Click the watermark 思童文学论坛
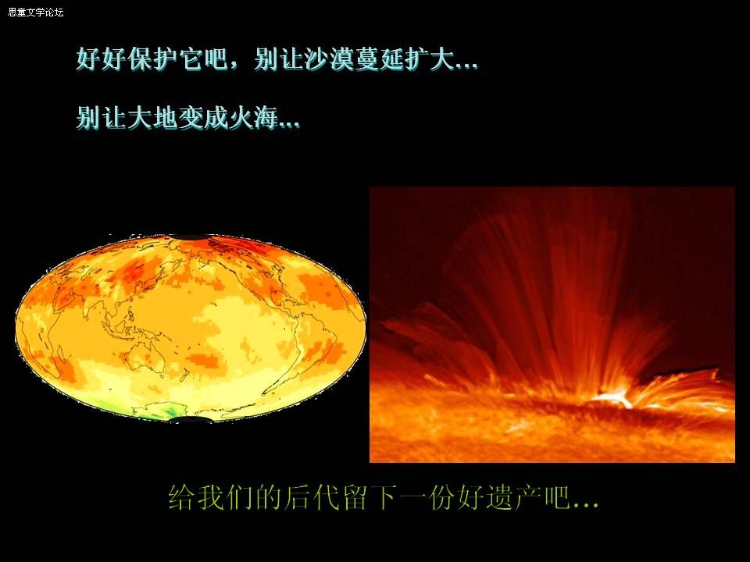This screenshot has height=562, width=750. click(x=35, y=12)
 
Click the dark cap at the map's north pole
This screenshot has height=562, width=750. click(x=191, y=237)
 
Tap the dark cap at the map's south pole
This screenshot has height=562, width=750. click(x=191, y=420)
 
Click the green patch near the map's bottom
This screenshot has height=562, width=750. click(x=170, y=412)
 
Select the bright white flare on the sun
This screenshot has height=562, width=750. click(x=612, y=398)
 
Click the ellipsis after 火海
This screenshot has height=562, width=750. click(x=289, y=126)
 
